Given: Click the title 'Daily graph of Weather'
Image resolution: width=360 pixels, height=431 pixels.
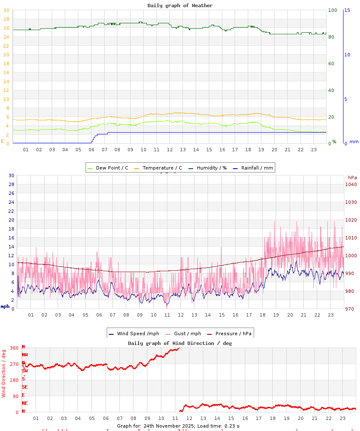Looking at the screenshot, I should pos(180,6).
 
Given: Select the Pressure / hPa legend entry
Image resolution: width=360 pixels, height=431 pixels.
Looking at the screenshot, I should pos(233,334).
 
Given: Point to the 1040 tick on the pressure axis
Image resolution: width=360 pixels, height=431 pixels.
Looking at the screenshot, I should pos(351,184).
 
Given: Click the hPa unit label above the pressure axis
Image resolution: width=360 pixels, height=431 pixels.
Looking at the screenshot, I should pos(352,177).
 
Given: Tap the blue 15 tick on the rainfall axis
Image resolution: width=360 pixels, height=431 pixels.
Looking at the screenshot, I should pos(347,10).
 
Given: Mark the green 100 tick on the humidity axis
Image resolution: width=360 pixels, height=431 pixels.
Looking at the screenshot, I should pos(332,10).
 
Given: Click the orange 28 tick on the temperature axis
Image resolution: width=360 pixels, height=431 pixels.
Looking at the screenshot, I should pos(6,19).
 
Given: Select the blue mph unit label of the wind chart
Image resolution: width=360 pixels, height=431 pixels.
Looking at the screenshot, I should pos(5,306).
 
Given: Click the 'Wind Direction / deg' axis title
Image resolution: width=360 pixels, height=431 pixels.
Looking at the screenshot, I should pos(4,373).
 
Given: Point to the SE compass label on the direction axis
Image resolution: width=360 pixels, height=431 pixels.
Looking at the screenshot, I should pos(25,387).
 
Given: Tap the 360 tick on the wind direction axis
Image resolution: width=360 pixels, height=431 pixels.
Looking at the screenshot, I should pos(14,348).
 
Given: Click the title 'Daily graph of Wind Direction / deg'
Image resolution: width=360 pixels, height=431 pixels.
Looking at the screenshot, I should pos(180,343).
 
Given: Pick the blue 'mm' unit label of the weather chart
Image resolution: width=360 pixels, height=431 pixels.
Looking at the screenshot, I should pos(354,142).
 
